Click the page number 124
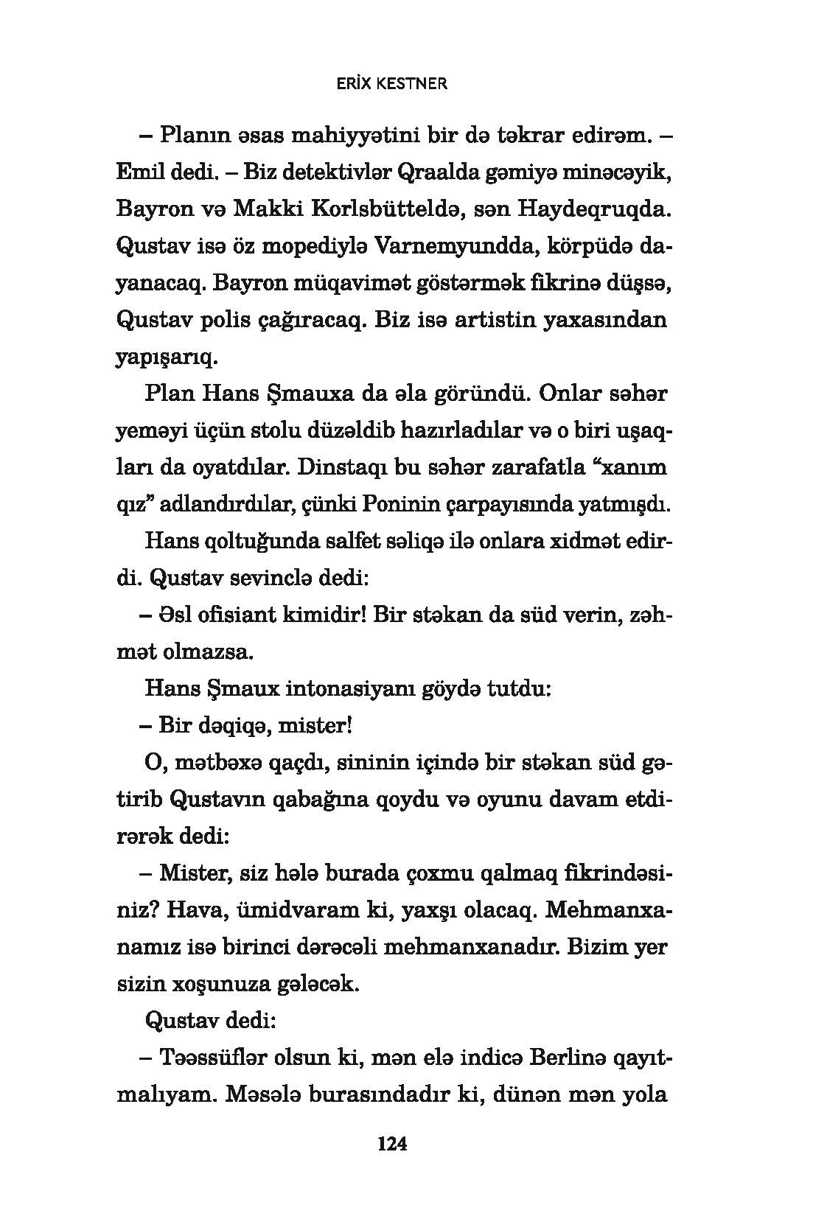click(392, 1144)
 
